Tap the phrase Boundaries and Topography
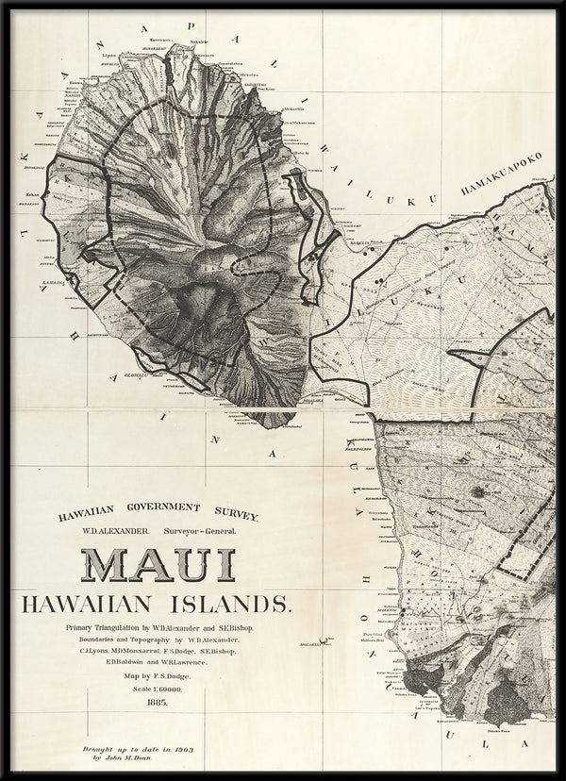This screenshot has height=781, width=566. tap(127, 639)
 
